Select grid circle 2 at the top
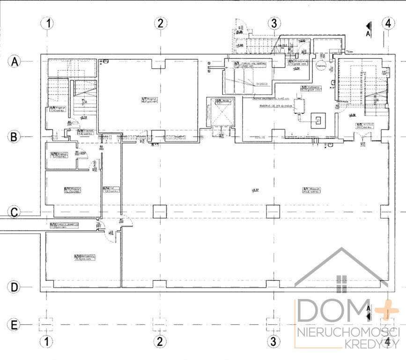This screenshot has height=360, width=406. point(161,22)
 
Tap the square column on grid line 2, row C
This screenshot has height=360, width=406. point(159,211)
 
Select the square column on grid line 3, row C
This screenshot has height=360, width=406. point(273,211)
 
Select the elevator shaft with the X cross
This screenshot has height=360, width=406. point(222,112)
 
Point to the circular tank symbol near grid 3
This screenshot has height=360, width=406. point(322,67)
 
